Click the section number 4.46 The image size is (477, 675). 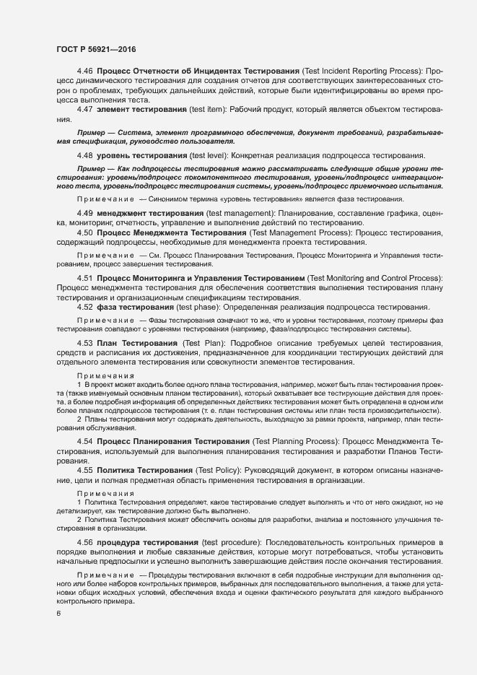(85, 71)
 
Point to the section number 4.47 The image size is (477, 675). (85, 109)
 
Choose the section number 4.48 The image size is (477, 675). (85, 156)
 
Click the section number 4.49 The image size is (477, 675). (85, 214)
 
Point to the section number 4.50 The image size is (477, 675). (85, 234)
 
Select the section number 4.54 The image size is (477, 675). (85, 440)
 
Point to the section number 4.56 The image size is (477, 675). (85, 541)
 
